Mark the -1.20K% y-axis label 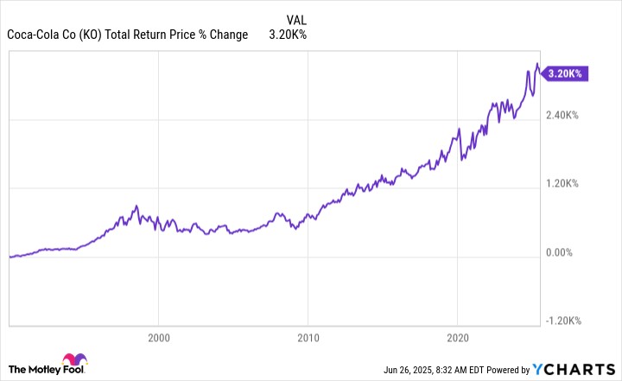point(563,321)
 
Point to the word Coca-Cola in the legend point(34,35)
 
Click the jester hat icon point(72,362)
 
